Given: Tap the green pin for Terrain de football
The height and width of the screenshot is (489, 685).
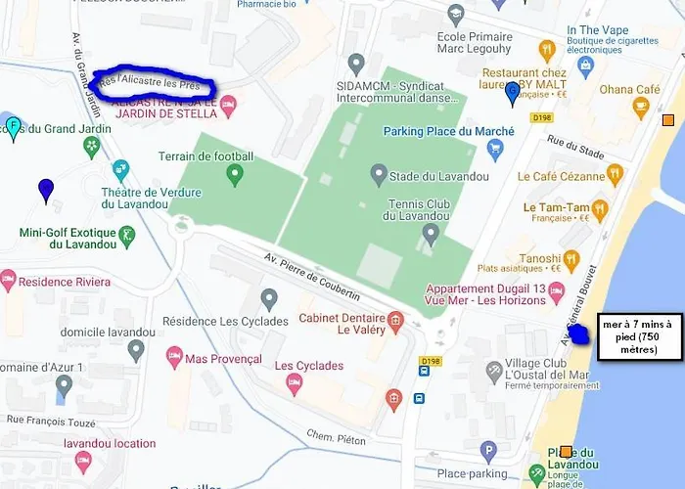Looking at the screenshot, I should [x=234, y=175].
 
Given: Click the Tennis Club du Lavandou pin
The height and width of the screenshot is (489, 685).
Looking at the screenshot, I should [x=430, y=233].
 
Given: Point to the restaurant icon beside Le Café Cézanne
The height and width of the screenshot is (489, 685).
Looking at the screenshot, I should [x=615, y=174].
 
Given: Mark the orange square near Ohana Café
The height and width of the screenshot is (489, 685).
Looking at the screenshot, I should [x=668, y=120].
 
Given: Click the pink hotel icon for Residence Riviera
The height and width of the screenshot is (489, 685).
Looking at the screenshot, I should [x=9, y=281].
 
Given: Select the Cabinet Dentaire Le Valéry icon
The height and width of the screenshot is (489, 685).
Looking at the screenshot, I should [x=395, y=321].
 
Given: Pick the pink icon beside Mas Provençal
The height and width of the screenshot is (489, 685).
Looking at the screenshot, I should [x=175, y=357].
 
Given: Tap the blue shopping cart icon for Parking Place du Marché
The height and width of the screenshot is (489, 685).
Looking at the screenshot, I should [x=495, y=150].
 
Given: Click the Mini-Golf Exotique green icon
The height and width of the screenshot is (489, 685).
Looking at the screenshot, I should [x=126, y=234].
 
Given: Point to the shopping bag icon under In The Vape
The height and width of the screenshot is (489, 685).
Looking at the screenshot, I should [x=586, y=66].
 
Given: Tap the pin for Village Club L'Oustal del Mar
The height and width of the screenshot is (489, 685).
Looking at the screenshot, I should [x=494, y=372].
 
